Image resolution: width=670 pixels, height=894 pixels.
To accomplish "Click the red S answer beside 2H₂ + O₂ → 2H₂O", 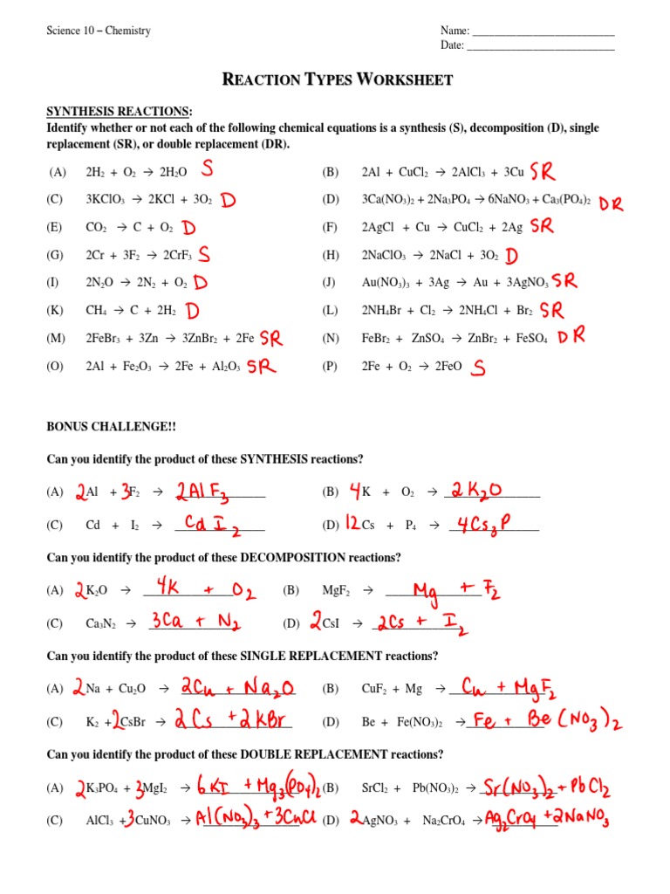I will pyautogui.click(x=208, y=168).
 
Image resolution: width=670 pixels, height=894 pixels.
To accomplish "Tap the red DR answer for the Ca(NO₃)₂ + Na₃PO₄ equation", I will pyautogui.click(x=612, y=203).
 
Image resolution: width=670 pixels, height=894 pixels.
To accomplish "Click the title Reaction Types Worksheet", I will pyautogui.click(x=338, y=80).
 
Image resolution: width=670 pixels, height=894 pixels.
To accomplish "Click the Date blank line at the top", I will pyautogui.click(x=541, y=46).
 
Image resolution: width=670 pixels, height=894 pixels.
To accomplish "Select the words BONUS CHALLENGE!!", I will pyautogui.click(x=111, y=426).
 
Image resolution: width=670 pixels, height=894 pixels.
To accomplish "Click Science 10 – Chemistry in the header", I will pyautogui.click(x=99, y=31).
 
